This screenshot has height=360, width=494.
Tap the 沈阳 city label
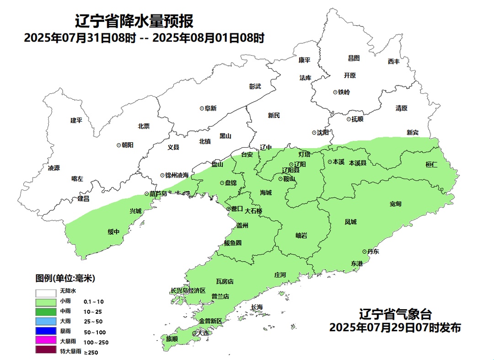[323, 133]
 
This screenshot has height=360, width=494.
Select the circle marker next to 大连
[194, 333]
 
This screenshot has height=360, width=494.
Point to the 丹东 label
[373, 251]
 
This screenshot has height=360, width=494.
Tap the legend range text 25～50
[93, 322]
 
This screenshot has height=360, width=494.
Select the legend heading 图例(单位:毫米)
[65, 278]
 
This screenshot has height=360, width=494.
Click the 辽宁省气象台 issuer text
[395, 314]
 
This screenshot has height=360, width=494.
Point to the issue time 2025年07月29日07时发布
[395, 328]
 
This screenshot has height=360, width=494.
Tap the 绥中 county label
[113, 232]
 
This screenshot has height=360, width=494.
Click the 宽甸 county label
[396, 204]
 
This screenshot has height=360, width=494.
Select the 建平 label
[76, 120]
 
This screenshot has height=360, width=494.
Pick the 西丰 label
[393, 61]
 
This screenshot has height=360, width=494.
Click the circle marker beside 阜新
[202, 108]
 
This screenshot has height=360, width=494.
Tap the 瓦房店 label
[225, 281]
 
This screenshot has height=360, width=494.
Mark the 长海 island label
[257, 307]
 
